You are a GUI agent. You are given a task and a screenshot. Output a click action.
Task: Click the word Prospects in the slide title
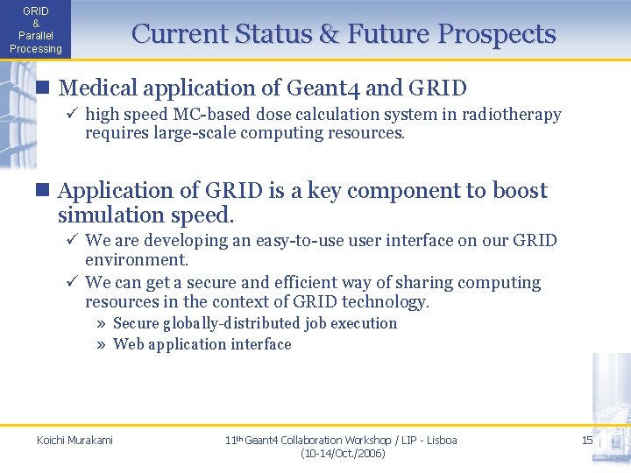coord(497,34)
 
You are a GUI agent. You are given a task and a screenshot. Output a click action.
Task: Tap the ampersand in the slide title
coord(330,34)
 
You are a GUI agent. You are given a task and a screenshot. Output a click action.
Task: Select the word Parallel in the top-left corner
coord(36,37)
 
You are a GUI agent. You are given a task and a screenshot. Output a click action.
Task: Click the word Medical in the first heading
coord(97,88)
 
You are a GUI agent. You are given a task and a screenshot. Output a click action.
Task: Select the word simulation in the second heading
coord(110,215)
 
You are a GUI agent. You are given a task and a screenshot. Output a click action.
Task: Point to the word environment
coord(135,260)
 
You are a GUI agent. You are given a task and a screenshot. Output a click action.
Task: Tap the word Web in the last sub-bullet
coord(128,344)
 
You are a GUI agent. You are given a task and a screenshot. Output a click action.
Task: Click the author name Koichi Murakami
coord(74,440)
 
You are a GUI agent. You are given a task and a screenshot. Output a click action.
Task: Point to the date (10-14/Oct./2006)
coord(342,454)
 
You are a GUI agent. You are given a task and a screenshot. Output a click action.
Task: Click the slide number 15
coord(587,440)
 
